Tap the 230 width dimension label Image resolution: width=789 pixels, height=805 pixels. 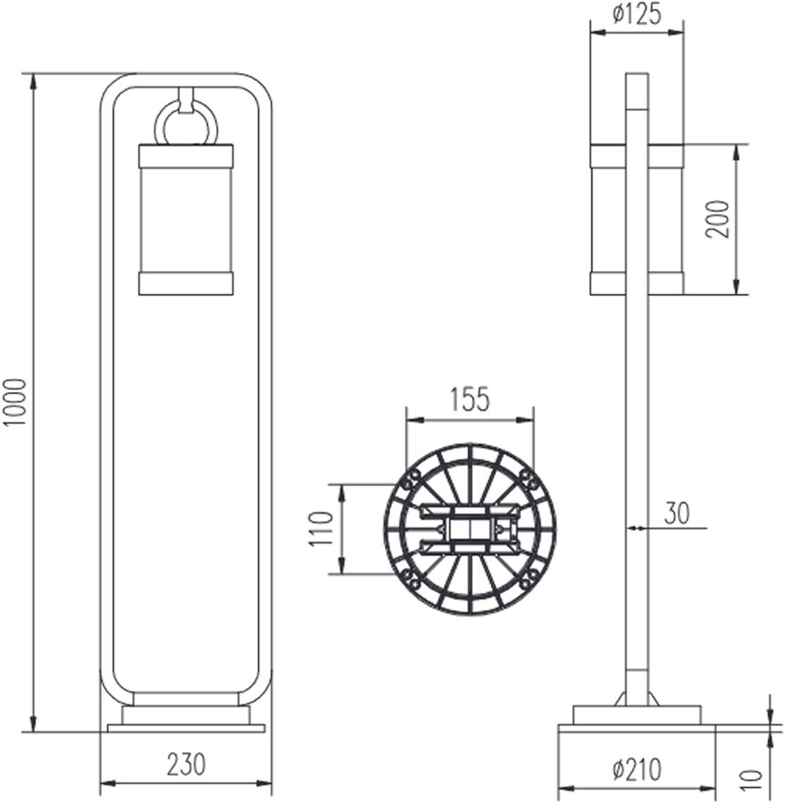[186, 764]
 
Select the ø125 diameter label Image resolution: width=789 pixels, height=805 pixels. [637, 14]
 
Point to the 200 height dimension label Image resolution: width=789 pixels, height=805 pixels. [717, 220]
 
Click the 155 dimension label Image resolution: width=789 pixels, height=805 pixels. [470, 399]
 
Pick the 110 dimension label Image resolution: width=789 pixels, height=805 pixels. [322, 528]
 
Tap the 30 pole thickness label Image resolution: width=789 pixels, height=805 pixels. [677, 513]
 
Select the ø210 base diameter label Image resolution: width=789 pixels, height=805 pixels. [637, 770]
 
